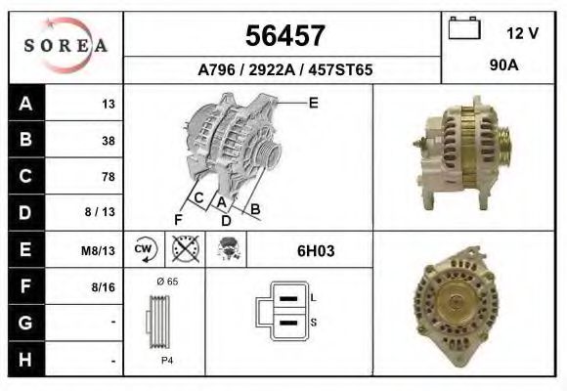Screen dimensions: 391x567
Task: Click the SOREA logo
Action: (x=65, y=46)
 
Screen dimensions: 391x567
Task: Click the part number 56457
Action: (x=283, y=37)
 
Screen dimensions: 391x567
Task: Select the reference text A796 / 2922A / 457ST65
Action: (x=284, y=70)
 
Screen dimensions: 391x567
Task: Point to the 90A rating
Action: (x=504, y=67)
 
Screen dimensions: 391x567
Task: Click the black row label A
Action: (x=24, y=104)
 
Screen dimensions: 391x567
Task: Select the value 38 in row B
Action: (x=108, y=141)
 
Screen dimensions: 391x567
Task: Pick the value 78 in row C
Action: (x=108, y=177)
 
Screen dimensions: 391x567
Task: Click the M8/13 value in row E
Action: (x=99, y=250)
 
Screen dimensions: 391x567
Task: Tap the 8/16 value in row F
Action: (x=103, y=287)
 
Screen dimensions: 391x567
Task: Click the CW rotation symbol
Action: (x=145, y=250)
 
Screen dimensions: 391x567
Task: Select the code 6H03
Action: (x=316, y=250)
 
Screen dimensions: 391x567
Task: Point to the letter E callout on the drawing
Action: (x=313, y=102)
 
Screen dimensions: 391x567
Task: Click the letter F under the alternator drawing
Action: (x=178, y=218)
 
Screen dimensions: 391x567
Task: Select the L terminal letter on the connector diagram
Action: (x=312, y=296)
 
